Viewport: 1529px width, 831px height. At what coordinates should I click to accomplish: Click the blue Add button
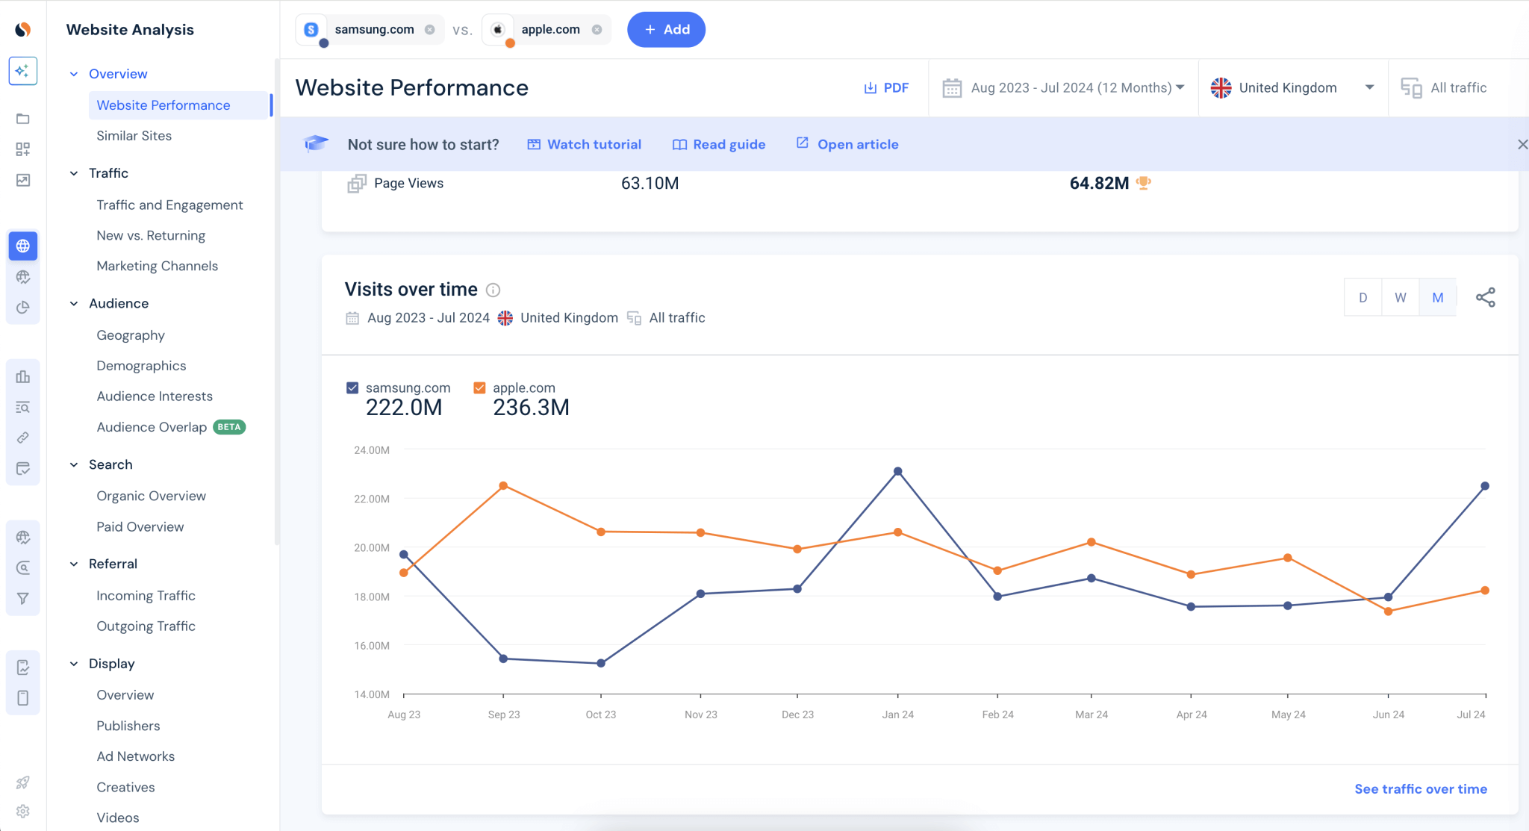tap(666, 30)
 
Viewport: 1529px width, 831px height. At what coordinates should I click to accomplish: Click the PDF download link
tap(886, 88)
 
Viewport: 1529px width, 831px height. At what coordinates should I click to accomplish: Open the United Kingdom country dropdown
tap(1292, 88)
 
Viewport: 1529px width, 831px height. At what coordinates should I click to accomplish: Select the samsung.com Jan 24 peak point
tap(897, 472)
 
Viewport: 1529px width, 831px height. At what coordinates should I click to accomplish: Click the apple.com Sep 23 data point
tap(503, 486)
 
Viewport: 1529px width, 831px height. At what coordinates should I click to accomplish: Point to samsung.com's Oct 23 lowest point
tap(601, 663)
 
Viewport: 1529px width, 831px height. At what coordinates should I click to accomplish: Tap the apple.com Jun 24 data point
tap(1388, 611)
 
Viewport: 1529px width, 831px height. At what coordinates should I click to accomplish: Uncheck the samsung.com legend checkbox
tap(352, 388)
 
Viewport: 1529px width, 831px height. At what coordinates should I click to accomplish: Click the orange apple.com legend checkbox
tap(479, 388)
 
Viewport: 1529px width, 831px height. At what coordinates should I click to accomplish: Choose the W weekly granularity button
tap(1400, 298)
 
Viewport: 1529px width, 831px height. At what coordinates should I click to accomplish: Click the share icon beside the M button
tap(1485, 298)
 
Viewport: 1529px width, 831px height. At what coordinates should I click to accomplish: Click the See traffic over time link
tap(1420, 789)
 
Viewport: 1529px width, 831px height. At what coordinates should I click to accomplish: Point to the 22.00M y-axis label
tap(372, 499)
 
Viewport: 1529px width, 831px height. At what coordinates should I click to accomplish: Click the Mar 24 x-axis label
tap(1091, 715)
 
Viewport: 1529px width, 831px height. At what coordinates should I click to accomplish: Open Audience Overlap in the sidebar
tap(152, 427)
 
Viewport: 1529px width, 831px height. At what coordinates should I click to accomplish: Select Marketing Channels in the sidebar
tap(157, 266)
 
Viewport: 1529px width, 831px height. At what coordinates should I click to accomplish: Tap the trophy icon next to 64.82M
tap(1143, 183)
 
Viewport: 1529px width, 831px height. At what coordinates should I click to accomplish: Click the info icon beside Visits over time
tap(493, 290)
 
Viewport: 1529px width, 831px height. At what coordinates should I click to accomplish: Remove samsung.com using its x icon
tap(429, 30)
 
